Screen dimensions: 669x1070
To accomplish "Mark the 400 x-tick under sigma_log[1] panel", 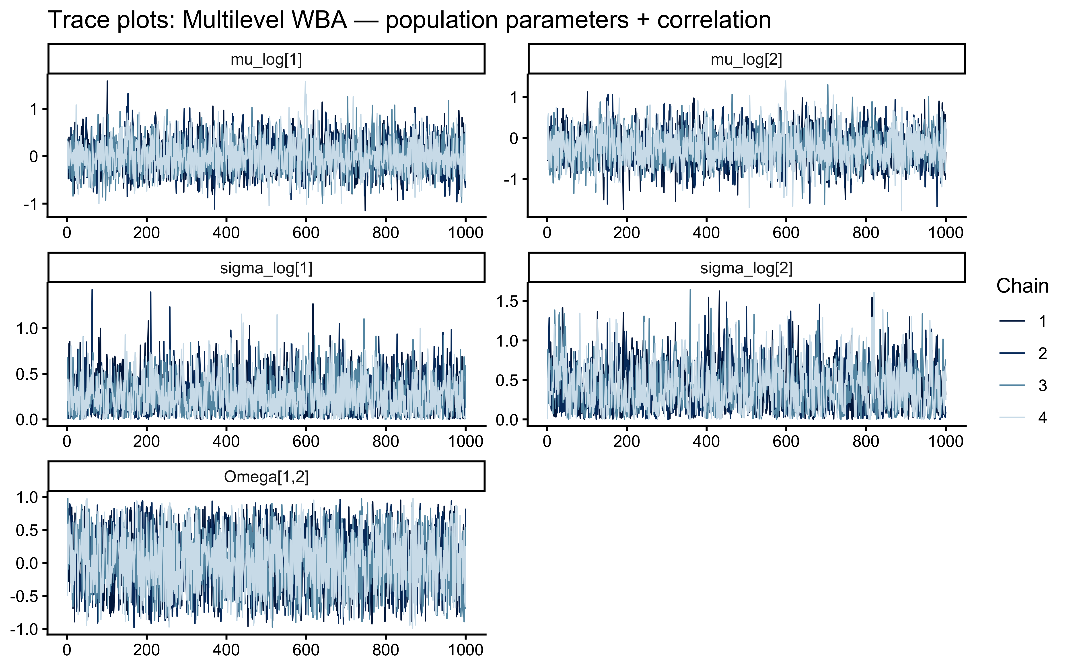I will (226, 441).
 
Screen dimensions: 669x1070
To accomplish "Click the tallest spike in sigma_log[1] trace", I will (92, 290).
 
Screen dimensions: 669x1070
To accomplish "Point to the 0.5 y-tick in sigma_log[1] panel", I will (27, 374).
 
